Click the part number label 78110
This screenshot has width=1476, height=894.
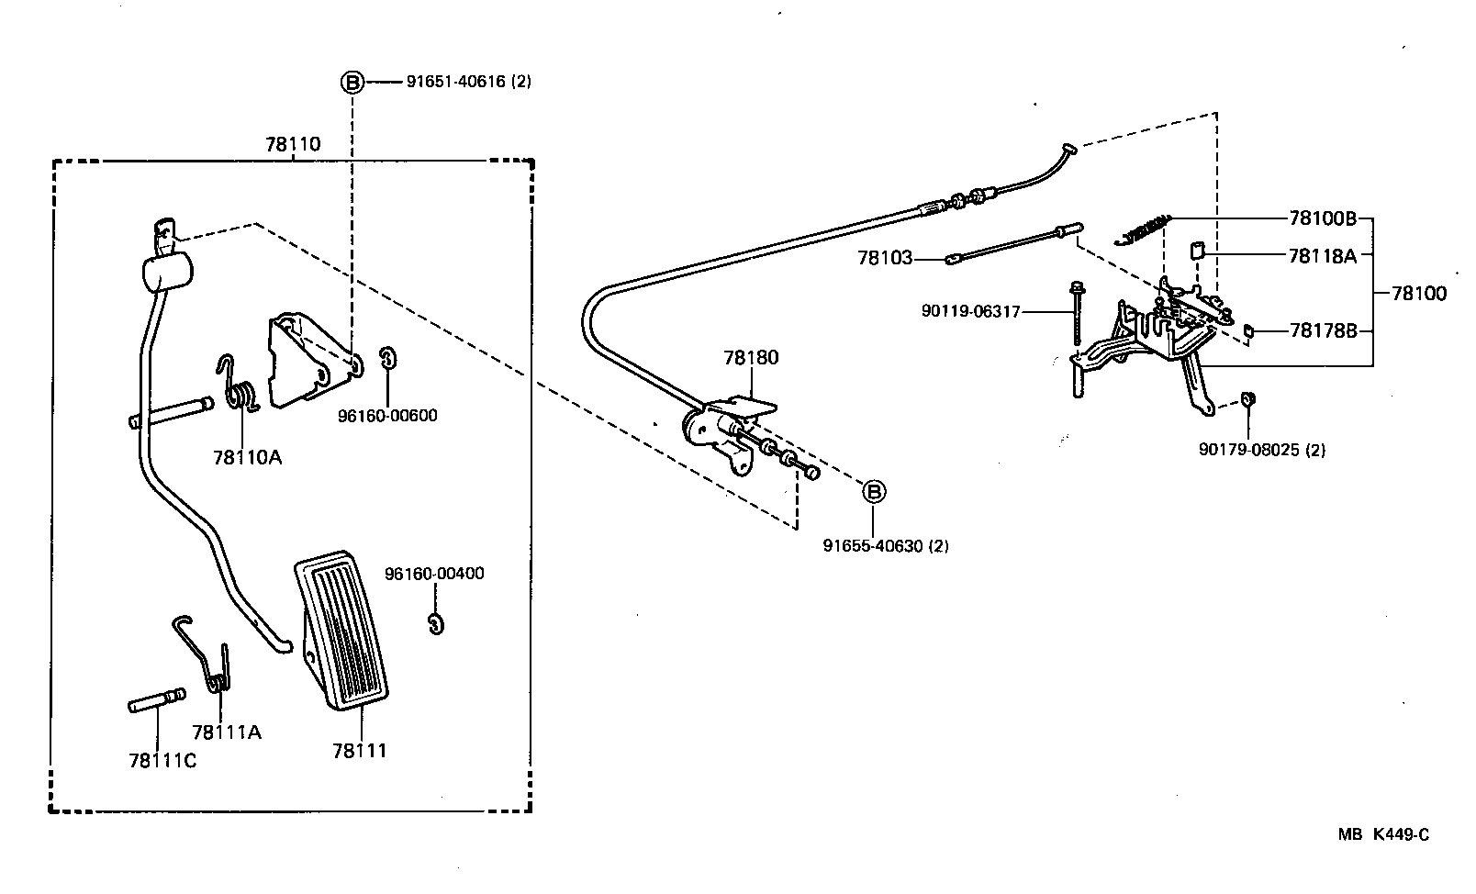tap(293, 144)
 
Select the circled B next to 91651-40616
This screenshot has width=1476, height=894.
tap(353, 82)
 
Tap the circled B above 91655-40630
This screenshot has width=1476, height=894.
tap(874, 492)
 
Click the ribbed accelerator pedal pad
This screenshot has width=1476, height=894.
tap(342, 629)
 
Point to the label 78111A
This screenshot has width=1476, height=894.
tap(227, 732)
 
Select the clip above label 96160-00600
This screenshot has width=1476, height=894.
tap(387, 358)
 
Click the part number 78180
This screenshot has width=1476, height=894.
tap(751, 357)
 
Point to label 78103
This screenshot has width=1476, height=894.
tap(885, 258)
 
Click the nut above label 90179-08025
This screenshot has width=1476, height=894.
tap(1247, 398)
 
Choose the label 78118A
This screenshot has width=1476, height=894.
tap(1322, 255)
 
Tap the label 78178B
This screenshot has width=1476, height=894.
tap(1323, 330)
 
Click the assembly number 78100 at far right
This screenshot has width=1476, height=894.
tap(1418, 294)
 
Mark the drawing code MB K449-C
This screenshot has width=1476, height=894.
tap(1383, 834)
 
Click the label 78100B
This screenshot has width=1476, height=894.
tap(1322, 218)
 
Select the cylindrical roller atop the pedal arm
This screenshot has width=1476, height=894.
tap(167, 272)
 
